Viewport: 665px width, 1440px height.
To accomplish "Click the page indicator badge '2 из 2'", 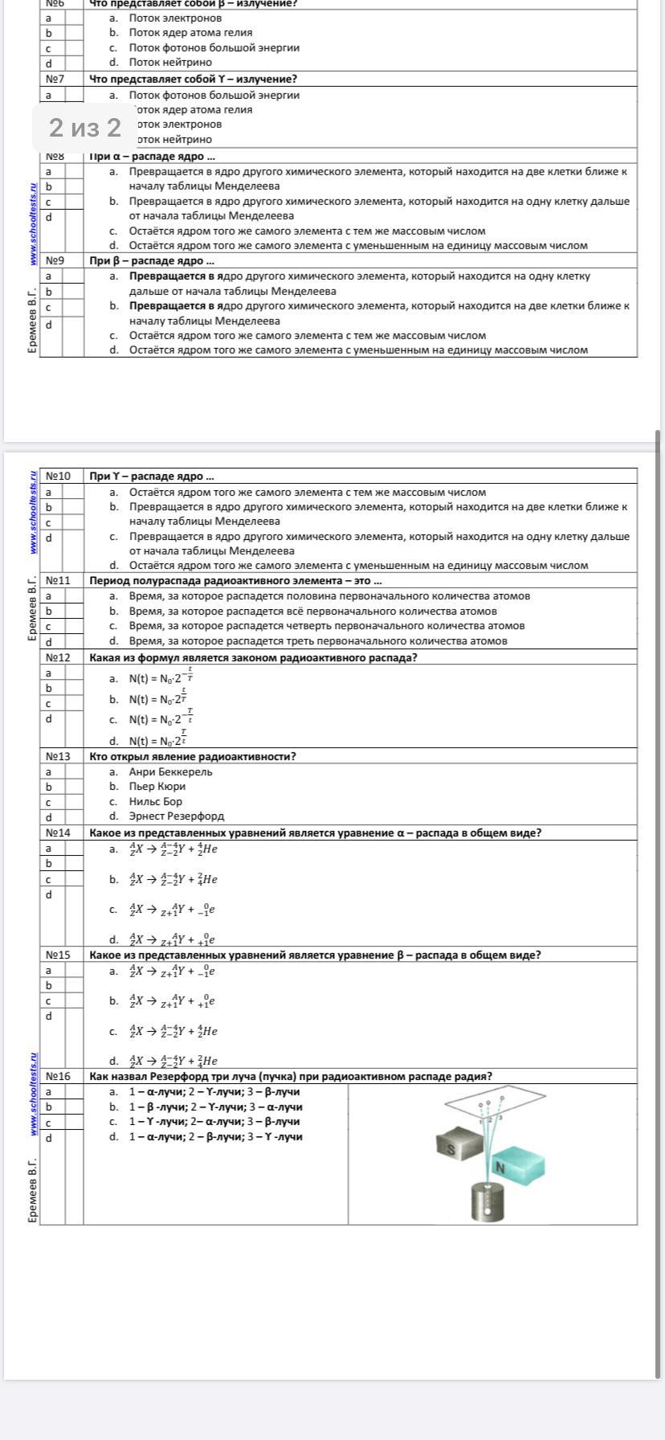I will click(x=84, y=128).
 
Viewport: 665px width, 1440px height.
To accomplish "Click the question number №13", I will click(x=58, y=756).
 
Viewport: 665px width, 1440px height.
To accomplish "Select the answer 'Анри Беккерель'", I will click(x=170, y=771).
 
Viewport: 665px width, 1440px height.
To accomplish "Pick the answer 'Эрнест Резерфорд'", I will click(x=176, y=816).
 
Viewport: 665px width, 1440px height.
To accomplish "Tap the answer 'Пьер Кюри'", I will click(x=157, y=787).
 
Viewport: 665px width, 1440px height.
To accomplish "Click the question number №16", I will click(x=58, y=1076).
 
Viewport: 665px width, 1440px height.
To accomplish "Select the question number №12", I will click(x=58, y=657).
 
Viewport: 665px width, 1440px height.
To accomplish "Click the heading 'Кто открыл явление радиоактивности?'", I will click(x=193, y=756).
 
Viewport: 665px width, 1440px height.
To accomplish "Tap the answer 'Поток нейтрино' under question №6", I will click(x=170, y=62).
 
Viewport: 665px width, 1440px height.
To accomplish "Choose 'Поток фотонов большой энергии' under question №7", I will click(x=214, y=95).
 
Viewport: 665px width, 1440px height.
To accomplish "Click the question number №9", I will click(x=55, y=260).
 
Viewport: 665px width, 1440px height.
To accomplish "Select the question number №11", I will click(x=58, y=580).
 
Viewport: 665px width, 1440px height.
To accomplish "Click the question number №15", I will click(x=58, y=955).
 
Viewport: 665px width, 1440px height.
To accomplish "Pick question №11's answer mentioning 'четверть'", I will click(x=326, y=625).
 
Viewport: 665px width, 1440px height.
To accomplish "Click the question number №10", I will click(x=58, y=476).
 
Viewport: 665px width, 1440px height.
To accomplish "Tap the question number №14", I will click(x=58, y=832).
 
